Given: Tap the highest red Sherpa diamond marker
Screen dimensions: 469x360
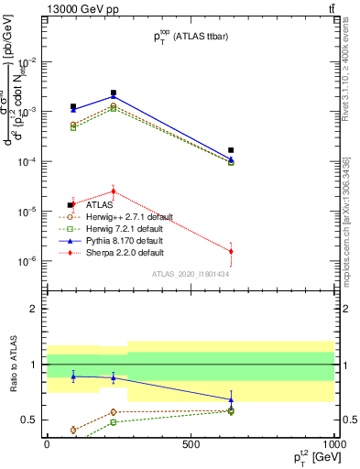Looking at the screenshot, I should click(x=113, y=191).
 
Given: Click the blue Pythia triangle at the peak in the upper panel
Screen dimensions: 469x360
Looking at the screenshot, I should click(x=113, y=96).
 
